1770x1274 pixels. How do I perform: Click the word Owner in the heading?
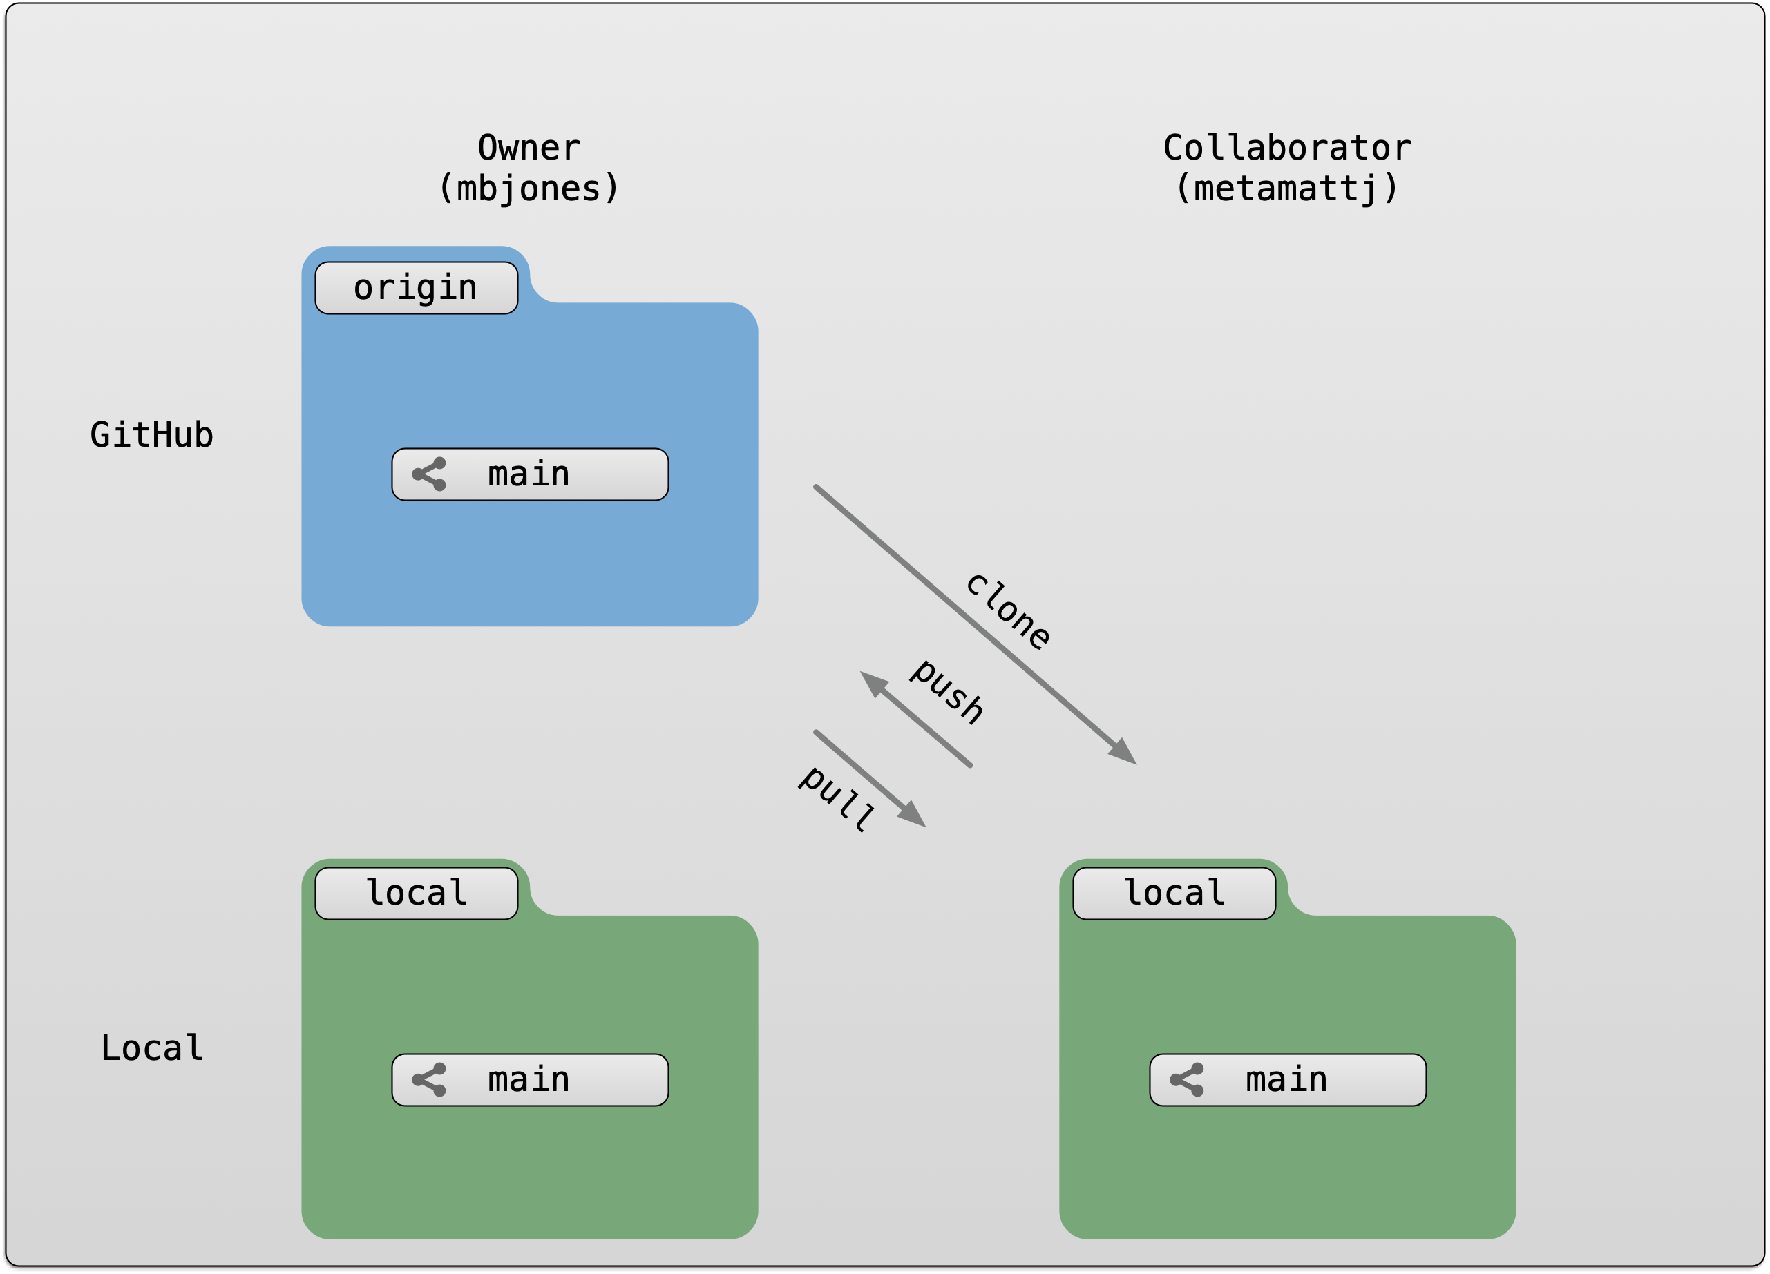[x=529, y=148]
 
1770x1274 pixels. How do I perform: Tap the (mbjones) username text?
[x=529, y=189]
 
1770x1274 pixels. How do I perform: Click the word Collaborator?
[x=1286, y=148]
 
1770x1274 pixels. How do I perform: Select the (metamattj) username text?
[x=1286, y=189]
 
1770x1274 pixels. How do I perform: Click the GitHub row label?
[x=151, y=435]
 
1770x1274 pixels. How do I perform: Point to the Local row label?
[x=151, y=1048]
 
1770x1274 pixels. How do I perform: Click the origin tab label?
[x=416, y=288]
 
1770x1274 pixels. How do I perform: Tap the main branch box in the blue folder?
[x=530, y=474]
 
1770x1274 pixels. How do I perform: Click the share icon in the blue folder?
[x=429, y=474]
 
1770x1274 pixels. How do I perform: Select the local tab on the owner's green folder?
[x=416, y=894]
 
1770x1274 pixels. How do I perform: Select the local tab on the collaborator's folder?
[x=1174, y=894]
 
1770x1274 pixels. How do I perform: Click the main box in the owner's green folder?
[x=530, y=1080]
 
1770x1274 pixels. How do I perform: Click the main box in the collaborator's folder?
[x=1288, y=1080]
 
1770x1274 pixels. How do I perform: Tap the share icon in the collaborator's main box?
[x=1187, y=1080]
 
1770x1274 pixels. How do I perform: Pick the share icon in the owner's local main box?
[x=429, y=1080]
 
